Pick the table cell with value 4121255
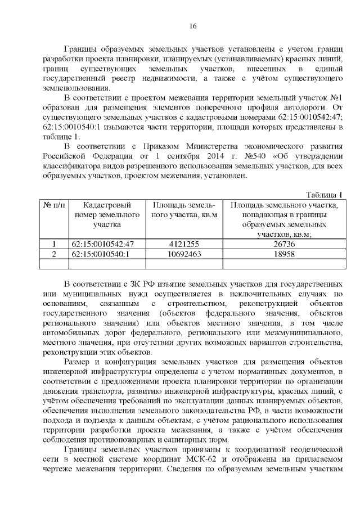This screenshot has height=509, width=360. click(x=184, y=244)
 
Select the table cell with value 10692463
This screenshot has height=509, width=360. click(x=184, y=254)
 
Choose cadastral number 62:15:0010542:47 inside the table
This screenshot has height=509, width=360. click(x=103, y=244)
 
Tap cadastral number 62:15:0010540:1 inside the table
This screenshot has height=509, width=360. click(x=101, y=254)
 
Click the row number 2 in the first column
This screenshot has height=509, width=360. click(x=54, y=254)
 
